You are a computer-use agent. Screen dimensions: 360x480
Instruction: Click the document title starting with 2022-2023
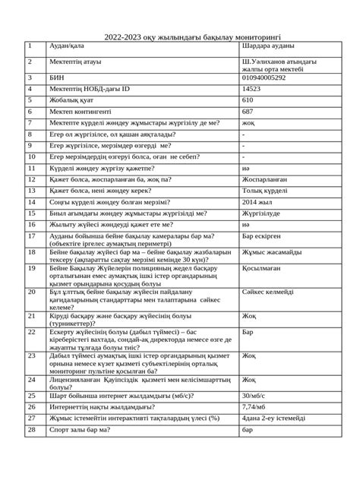tap(180, 36)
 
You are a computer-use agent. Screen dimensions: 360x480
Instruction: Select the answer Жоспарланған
tap(265, 179)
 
